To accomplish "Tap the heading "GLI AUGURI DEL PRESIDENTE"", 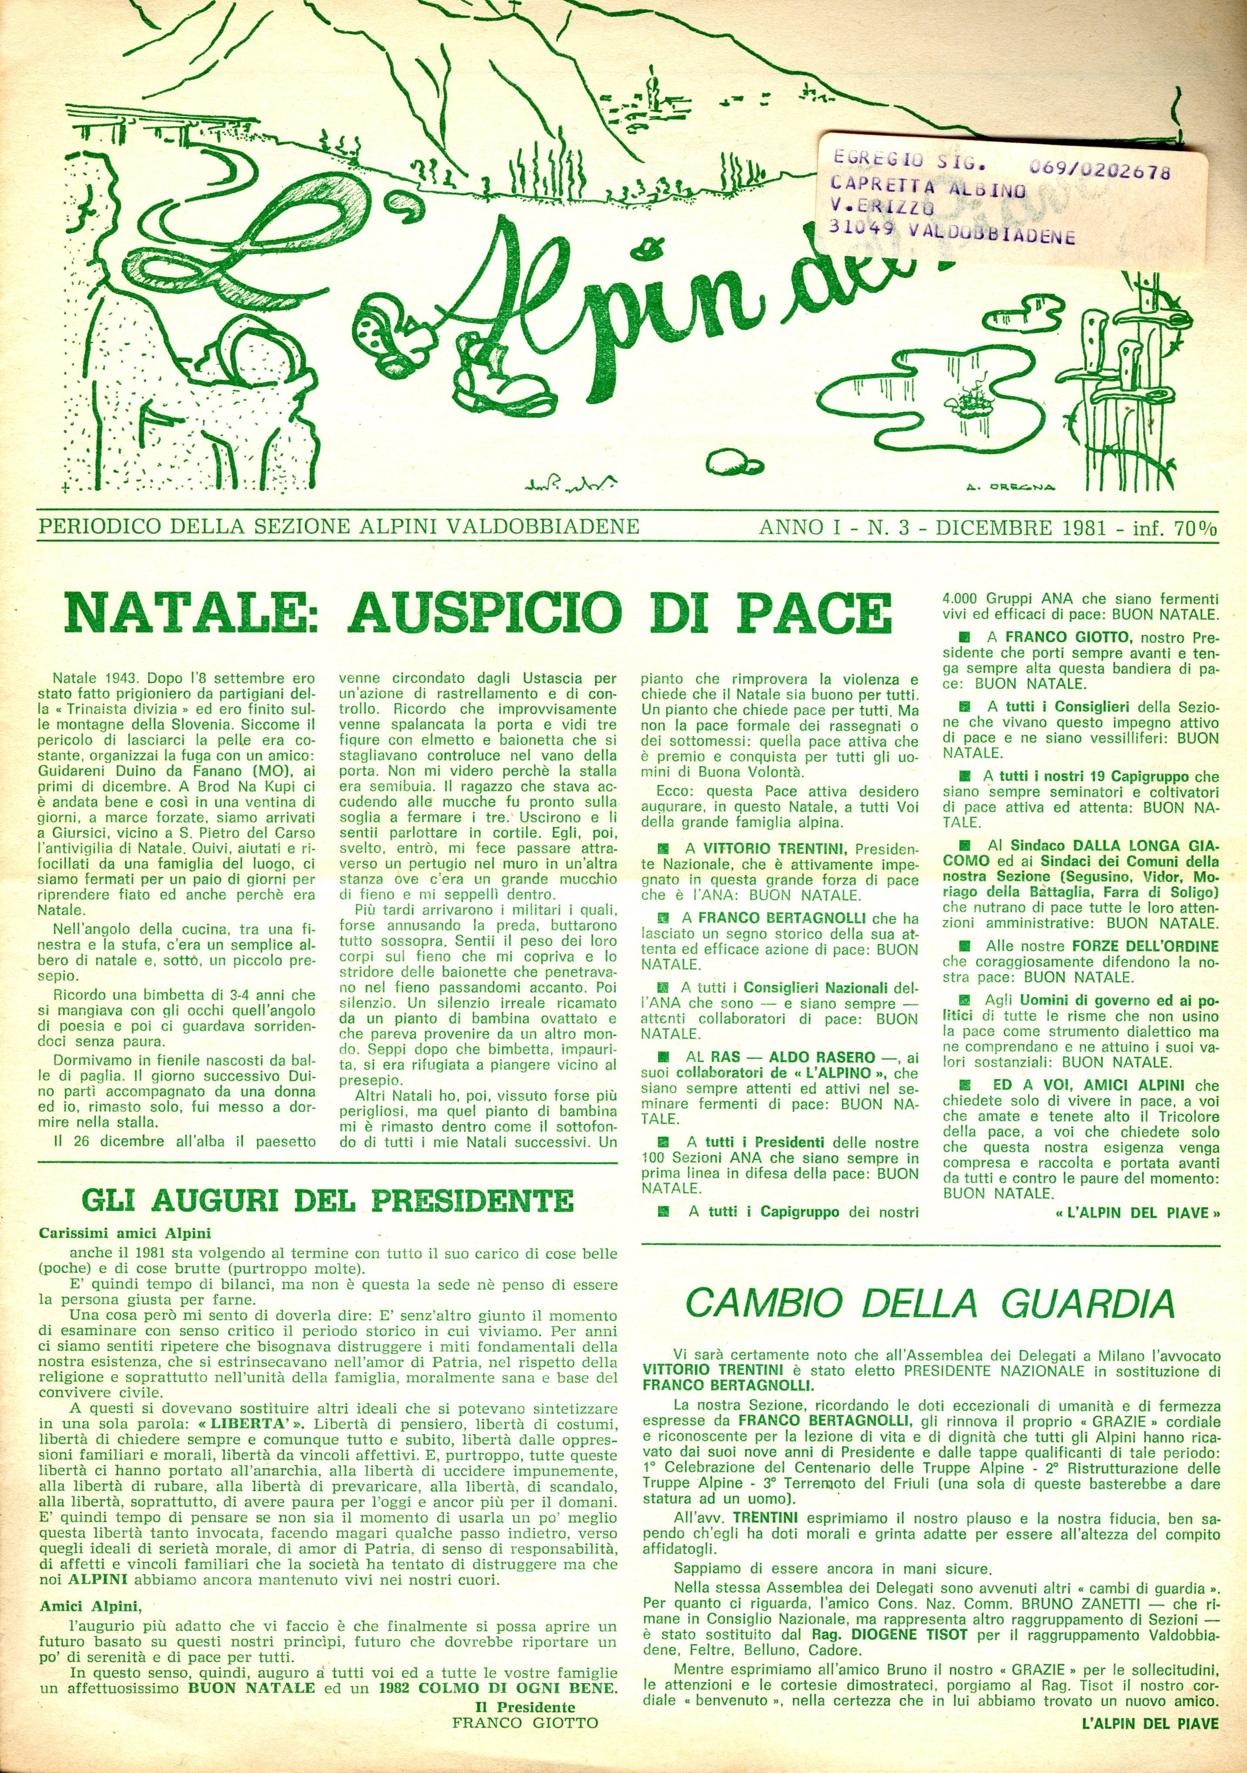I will point(328,1201).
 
